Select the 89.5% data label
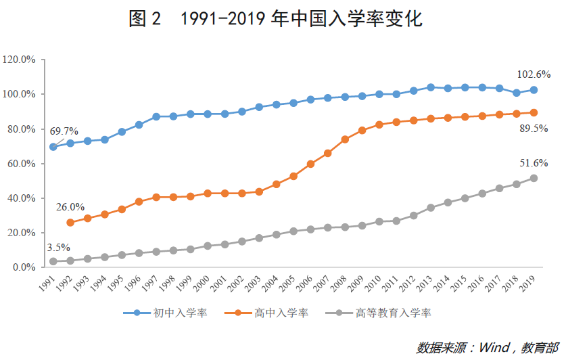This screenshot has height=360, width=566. (534, 129)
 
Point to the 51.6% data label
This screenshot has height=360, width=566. (534, 163)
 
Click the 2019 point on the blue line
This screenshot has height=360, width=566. (534, 90)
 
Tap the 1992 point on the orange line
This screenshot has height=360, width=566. (70, 223)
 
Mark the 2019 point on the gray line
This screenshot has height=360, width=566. (534, 178)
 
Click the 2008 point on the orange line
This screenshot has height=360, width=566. (345, 139)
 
